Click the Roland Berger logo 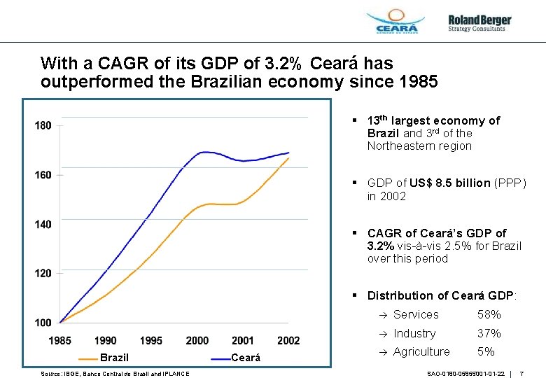pyautogui.click(x=479, y=23)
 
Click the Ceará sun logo pyautogui.click(x=395, y=21)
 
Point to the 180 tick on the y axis pyautogui.click(x=43, y=126)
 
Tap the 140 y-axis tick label pyautogui.click(x=43, y=224)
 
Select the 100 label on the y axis pyautogui.click(x=43, y=323)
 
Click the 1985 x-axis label pyautogui.click(x=59, y=341)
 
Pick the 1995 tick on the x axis pyautogui.click(x=150, y=341)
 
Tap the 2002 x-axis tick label pyautogui.click(x=288, y=341)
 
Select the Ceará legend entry pyautogui.click(x=245, y=358)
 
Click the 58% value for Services pyautogui.click(x=489, y=315)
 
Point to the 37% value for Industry pyautogui.click(x=489, y=334)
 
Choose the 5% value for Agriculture pyautogui.click(x=486, y=352)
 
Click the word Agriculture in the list pyautogui.click(x=421, y=352)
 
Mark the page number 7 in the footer pyautogui.click(x=522, y=374)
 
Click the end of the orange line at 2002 pyautogui.click(x=288, y=158)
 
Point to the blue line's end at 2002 pyautogui.click(x=288, y=153)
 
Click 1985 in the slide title pyautogui.click(x=416, y=82)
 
